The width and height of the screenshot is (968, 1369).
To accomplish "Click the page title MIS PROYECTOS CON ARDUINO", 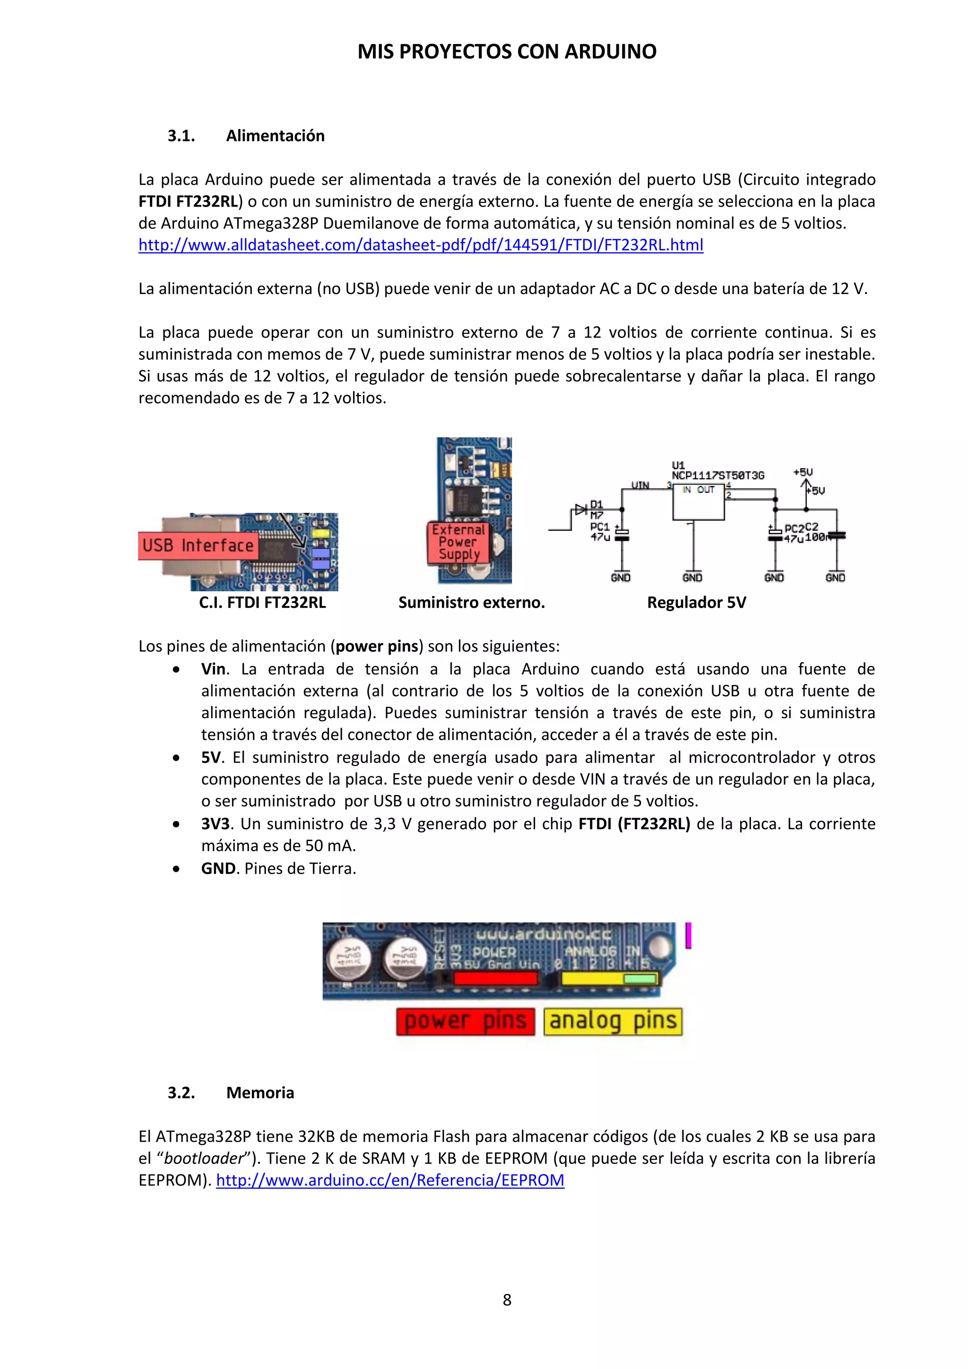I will [x=507, y=52].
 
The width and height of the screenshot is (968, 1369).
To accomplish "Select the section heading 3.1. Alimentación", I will [x=246, y=136].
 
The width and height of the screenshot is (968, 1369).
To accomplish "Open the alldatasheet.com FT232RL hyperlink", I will [x=420, y=245].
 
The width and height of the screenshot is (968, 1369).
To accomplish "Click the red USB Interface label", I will [x=198, y=546].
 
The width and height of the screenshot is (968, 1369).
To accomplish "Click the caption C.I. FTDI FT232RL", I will [x=262, y=603].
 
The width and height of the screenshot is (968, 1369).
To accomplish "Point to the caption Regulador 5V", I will [x=696, y=603].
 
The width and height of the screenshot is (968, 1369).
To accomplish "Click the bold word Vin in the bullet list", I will [x=213, y=669].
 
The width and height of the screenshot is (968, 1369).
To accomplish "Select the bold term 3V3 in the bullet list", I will [x=215, y=824].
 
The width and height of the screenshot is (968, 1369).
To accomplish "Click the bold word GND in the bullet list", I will [x=218, y=869].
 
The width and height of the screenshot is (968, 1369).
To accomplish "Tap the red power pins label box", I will [x=465, y=1022].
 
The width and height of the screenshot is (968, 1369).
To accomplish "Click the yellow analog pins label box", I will [x=613, y=1022].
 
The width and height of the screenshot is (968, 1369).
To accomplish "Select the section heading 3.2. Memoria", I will [x=231, y=1093].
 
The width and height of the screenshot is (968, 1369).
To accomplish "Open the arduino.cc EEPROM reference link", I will [x=390, y=1180].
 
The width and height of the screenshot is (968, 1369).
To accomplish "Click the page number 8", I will [x=507, y=1300].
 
